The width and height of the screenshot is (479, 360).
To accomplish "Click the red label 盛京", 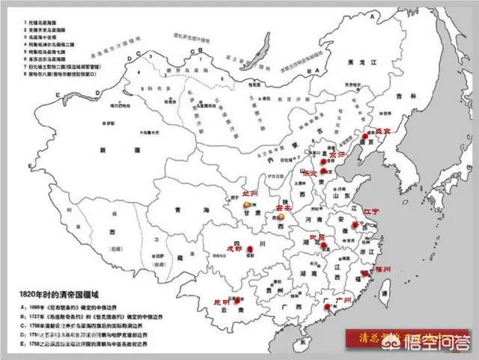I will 384,129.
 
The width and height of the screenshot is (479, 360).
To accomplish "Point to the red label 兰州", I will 250,193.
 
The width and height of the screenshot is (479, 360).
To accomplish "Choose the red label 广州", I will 345,299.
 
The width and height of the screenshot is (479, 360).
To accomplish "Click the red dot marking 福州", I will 365,274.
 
